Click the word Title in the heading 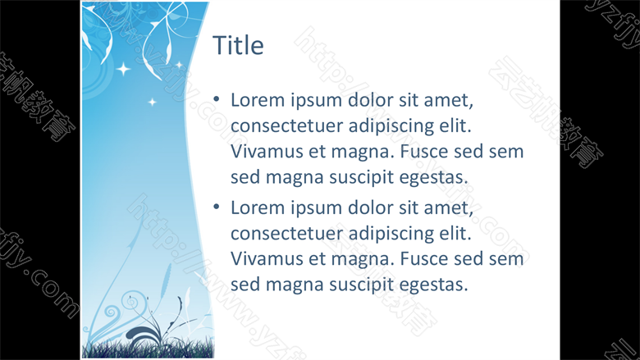238,45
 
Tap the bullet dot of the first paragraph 217,99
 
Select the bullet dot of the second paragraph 217,207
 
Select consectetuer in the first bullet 286,126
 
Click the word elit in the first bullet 455,125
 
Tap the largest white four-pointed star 123,69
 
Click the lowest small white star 153,102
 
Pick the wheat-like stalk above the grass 165,281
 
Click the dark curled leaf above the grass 143,334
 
